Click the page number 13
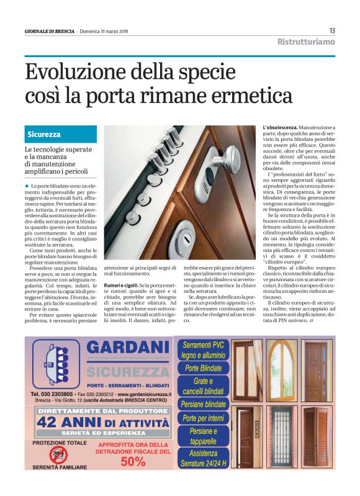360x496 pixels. coord(332,31)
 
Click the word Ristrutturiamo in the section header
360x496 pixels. coord(306,42)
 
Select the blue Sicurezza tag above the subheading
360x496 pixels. coord(44,134)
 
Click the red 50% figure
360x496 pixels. coord(132,462)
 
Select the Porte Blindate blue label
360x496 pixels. coord(203,368)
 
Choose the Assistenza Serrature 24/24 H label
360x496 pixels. coord(203,458)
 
